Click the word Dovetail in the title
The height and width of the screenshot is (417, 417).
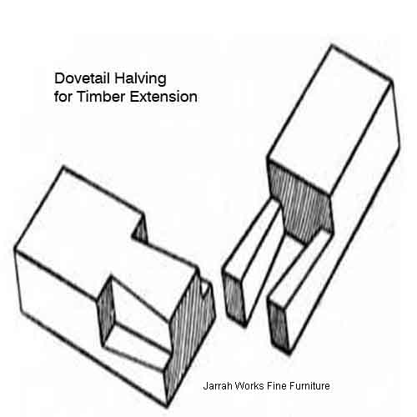[82, 78]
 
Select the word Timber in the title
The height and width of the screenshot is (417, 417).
[101, 97]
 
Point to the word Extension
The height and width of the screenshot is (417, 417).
[163, 97]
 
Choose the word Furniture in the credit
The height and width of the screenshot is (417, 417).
[309, 386]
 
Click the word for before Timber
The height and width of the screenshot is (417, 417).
[63, 97]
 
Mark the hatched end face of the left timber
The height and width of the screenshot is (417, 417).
[190, 334]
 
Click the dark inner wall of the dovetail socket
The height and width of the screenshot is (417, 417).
[107, 311]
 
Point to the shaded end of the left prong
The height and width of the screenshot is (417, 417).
[234, 298]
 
